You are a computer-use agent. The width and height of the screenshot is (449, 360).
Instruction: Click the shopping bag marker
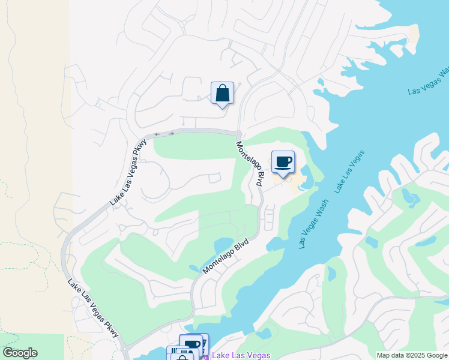(x=222, y=94)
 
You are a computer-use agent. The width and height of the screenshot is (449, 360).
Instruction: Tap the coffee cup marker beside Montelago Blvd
(x=283, y=162)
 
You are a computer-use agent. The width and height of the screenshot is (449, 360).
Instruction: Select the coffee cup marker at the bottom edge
(x=192, y=346)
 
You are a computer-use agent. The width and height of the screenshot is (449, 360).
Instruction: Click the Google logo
(x=20, y=353)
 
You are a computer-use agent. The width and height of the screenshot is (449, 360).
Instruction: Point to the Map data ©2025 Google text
(x=412, y=356)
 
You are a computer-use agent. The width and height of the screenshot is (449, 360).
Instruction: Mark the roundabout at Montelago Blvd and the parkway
(x=238, y=134)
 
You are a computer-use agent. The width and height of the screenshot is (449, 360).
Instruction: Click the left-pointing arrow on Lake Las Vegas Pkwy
(x=157, y=134)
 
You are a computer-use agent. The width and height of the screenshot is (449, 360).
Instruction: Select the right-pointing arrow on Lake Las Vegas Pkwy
(x=172, y=133)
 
